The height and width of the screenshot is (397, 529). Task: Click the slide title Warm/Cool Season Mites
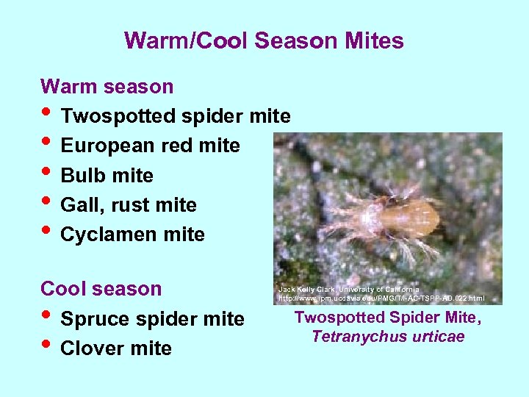[264, 40]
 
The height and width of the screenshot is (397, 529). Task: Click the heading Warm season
[107, 87]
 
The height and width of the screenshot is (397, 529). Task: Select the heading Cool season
[101, 289]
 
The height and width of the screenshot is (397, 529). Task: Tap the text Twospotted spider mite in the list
[176, 116]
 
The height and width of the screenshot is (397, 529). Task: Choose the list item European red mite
[150, 146]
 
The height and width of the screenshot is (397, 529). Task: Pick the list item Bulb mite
[107, 176]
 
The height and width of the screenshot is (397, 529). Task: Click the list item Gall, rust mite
[129, 205]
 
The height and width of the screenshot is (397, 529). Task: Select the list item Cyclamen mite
[133, 235]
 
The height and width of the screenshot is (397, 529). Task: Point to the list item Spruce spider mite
[152, 319]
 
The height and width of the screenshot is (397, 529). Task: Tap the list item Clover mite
[116, 348]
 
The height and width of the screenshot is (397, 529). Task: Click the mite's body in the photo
[408, 215]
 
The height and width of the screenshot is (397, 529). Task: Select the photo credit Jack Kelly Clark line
[349, 290]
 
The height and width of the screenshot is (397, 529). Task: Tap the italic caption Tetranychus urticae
[388, 337]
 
